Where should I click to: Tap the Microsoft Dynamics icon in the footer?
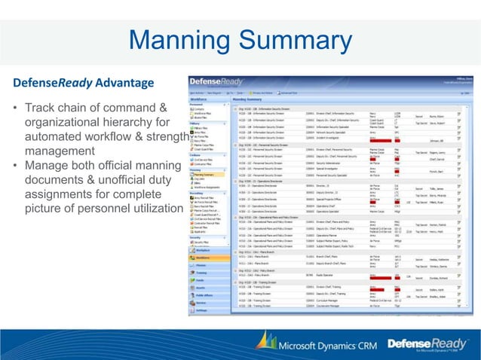[265, 342]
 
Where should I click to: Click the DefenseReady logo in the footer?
[427, 343]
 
